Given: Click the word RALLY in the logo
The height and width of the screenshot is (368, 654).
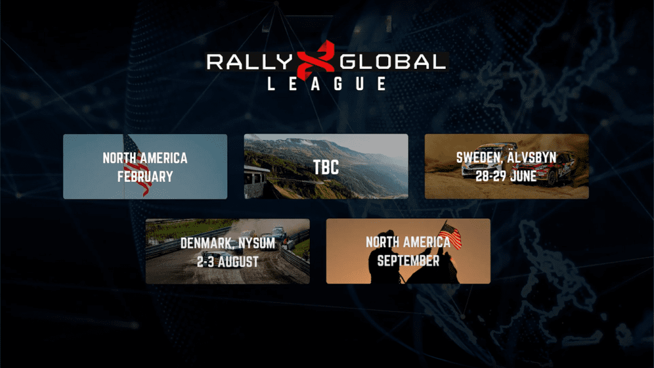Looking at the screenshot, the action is tap(250, 62).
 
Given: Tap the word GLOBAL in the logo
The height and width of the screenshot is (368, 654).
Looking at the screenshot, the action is tap(393, 62).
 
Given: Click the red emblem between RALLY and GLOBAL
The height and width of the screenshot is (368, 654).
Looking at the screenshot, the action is tap(316, 59).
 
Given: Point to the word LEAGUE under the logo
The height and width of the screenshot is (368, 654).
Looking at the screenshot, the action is tap(326, 84).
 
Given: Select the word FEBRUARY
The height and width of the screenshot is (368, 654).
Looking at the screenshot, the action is tap(145, 176).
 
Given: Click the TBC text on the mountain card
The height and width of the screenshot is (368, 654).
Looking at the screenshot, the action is tap(326, 168).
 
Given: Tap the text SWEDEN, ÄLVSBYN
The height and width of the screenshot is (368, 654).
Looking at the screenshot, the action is tap(506, 157).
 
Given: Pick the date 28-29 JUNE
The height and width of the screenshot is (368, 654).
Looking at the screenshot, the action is tap(506, 176).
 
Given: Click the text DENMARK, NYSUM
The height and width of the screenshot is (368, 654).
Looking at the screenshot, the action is tap(228, 243).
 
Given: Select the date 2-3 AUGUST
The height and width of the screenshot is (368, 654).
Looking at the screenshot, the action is tap(228, 261).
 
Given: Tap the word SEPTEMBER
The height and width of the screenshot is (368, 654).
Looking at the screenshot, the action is tap(408, 261).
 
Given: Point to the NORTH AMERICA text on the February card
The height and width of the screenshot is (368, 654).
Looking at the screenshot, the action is tap(145, 158).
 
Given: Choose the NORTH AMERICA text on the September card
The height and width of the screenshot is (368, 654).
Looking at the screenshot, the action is tap(408, 242).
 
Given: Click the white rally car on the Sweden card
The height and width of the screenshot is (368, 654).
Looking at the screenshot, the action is tap(488, 160).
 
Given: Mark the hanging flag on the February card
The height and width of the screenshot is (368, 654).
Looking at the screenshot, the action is tap(138, 166).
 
